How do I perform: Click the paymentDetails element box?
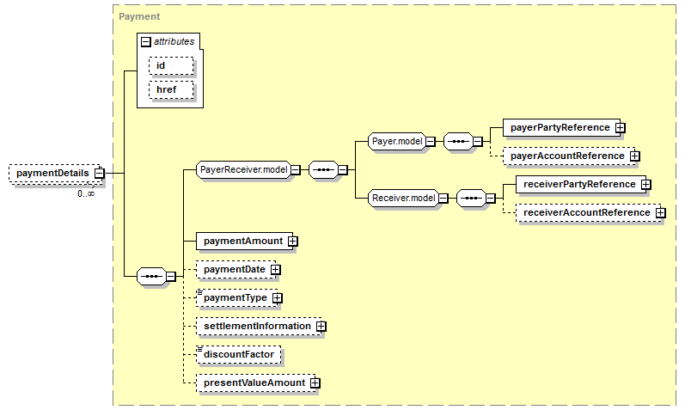point(55,174)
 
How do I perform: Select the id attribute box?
point(171,65)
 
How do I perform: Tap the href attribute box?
point(171,89)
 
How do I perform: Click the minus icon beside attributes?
point(146,42)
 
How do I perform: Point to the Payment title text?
point(139,16)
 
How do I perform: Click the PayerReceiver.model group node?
point(244,169)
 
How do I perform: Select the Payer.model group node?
point(397,141)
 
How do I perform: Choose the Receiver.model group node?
point(404,198)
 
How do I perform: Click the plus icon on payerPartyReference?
point(621,127)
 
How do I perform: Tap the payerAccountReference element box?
point(569,156)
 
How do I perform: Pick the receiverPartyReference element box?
point(581,185)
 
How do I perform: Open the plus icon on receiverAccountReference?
point(661,213)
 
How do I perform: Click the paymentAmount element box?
point(245,242)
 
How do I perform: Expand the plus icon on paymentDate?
point(275,270)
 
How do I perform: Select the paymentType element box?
point(236,298)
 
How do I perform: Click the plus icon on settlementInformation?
point(321,327)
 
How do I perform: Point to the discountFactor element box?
point(239,355)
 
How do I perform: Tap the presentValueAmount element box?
point(255,383)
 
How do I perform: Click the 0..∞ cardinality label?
point(86,193)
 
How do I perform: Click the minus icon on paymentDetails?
point(100,174)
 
